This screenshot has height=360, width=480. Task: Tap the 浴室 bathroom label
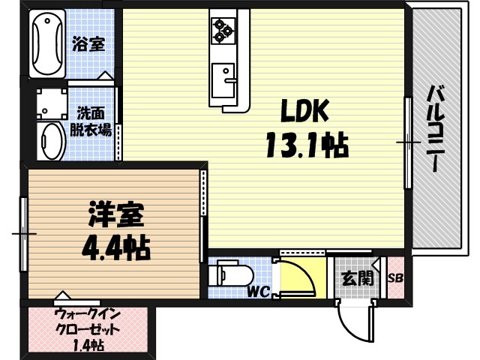click(x=88, y=44)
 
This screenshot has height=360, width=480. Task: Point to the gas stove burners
click(x=223, y=29)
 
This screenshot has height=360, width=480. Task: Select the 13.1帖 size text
click(x=305, y=143)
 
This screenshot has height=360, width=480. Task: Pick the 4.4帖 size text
click(x=114, y=246)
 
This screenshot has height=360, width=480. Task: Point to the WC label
click(x=259, y=291)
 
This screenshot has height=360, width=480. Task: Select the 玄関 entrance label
click(x=357, y=278)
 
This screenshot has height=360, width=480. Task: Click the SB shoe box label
click(x=395, y=278)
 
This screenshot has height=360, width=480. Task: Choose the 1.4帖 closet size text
click(x=88, y=346)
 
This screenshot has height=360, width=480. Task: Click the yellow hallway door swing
click(x=298, y=277)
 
